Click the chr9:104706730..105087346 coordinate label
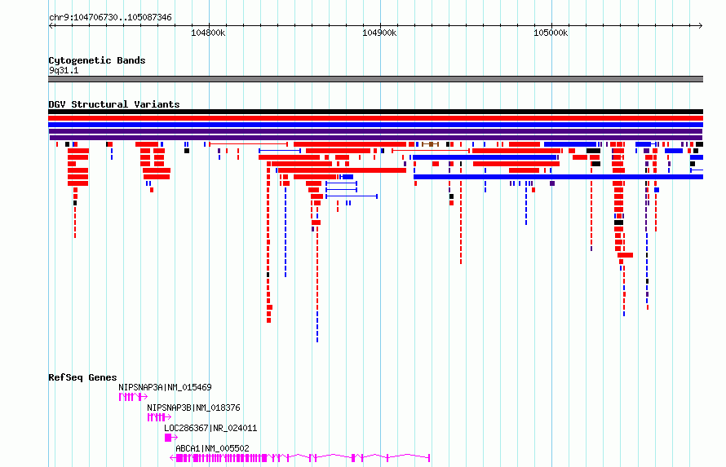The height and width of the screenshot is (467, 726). (110, 18)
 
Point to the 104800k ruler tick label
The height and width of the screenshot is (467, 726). (208, 33)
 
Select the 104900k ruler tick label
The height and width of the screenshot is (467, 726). (379, 33)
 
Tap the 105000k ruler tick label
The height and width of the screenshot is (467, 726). (551, 33)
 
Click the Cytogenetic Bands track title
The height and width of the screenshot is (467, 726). (97, 60)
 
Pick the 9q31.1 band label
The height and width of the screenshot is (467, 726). (64, 71)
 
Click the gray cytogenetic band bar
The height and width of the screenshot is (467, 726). (375, 79)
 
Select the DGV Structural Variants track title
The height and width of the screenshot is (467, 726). (114, 104)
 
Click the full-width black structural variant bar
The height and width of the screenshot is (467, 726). (375, 112)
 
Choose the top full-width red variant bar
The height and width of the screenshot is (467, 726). (375, 118)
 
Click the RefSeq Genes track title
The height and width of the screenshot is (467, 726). (82, 378)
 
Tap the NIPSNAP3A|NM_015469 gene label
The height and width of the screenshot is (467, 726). (165, 387)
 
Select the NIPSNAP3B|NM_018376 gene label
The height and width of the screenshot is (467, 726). (193, 408)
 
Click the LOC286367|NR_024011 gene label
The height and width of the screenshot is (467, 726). (210, 428)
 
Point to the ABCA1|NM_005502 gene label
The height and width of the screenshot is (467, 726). (212, 448)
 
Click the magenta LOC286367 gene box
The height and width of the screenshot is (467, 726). (169, 438)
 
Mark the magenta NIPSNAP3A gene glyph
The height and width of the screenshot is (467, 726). (133, 397)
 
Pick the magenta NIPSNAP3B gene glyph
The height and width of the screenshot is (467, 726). (159, 417)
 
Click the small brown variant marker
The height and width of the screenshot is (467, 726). (431, 144)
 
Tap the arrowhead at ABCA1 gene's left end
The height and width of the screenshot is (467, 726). (172, 458)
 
